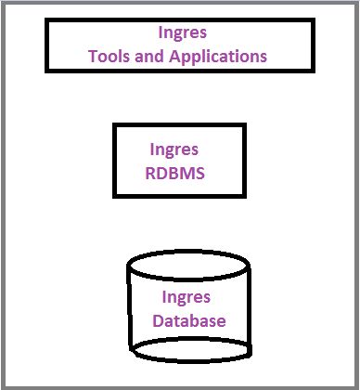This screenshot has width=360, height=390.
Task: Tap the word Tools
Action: [109, 56]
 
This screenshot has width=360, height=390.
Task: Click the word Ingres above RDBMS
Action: [173, 149]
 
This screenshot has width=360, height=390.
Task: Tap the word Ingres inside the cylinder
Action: [186, 298]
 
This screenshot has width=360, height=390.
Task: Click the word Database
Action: [189, 321]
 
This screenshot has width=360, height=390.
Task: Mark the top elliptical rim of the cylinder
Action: [187, 254]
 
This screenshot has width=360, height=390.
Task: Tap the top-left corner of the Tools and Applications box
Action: [46, 20]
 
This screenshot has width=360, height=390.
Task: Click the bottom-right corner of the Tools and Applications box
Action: [309, 70]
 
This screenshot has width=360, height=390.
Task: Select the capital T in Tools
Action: [93, 56]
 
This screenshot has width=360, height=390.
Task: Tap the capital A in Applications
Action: [173, 56]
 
